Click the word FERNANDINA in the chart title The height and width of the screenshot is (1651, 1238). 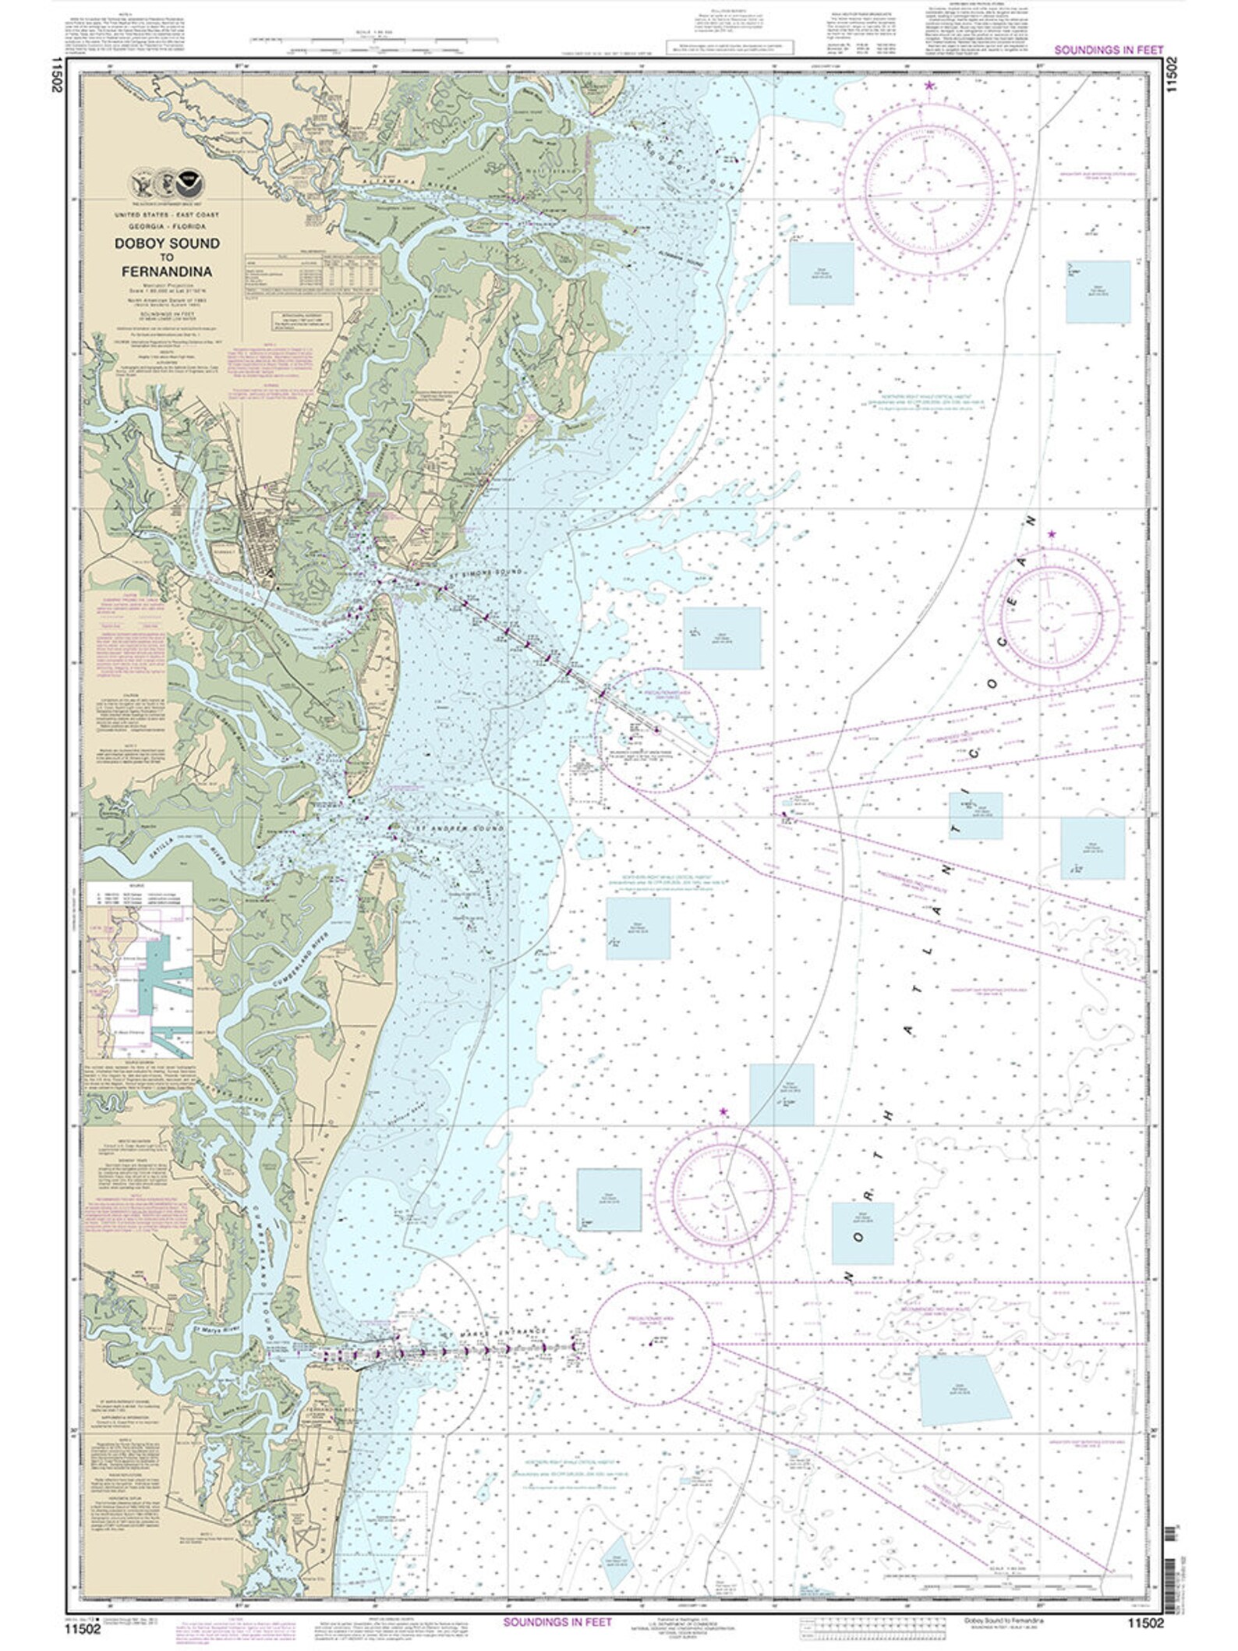coord(166,272)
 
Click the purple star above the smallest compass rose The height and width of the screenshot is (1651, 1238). coord(1052,534)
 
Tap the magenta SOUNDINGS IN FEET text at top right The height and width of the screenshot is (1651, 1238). coord(1109,49)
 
